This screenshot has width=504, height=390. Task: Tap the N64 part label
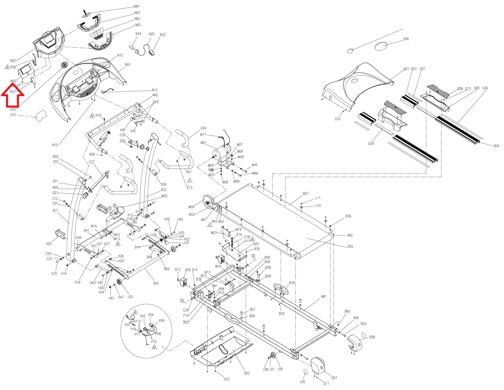coord(137,6)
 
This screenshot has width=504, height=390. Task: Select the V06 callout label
coord(406,39)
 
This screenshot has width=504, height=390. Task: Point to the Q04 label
coord(496,146)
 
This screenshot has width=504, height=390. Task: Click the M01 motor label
coord(203,143)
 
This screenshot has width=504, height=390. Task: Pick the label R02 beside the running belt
coord(351,246)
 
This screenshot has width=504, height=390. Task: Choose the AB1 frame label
coord(324,296)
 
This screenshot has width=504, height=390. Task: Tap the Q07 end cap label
coord(334,378)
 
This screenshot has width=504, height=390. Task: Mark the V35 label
coord(303,382)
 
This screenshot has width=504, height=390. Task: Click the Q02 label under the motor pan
coord(247,373)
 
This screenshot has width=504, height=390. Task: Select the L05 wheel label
coord(130,297)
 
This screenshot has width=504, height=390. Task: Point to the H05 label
coord(49,244)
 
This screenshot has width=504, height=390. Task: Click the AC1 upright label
coord(55,210)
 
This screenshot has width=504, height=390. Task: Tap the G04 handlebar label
coord(203,128)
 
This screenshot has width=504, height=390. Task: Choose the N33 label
coord(163,35)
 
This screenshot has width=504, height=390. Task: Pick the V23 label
coord(13,114)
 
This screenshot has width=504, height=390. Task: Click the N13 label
coord(155,90)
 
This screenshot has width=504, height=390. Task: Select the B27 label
coord(306,193)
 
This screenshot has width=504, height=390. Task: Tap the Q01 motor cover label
coord(406,69)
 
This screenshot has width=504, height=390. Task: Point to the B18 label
coord(292,283)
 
